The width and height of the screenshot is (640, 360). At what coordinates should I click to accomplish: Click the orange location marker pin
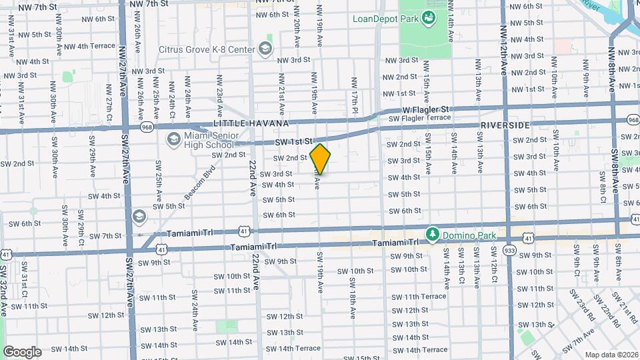click(321, 159)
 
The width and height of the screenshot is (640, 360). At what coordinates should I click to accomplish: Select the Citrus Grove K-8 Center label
click(207, 49)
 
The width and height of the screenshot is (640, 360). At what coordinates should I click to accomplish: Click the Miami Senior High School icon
click(173, 139)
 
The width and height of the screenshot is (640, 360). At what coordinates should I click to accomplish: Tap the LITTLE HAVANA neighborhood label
click(251, 123)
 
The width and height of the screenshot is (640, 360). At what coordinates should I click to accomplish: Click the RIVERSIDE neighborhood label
click(505, 125)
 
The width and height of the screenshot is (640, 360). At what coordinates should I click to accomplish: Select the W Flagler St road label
click(427, 109)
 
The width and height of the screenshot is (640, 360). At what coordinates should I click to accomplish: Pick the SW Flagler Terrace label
click(420, 118)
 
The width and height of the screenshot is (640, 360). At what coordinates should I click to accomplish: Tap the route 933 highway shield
click(510, 249)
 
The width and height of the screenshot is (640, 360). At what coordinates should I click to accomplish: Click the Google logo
click(22, 351)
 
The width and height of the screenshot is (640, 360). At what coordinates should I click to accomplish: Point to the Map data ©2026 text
click(611, 355)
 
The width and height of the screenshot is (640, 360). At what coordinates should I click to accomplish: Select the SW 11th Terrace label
click(419, 296)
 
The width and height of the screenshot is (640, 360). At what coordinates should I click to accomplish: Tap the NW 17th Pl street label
click(355, 91)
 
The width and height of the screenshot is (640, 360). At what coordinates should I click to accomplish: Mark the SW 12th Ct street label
click(494, 274)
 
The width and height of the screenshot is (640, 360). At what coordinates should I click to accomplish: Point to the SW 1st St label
click(294, 142)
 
